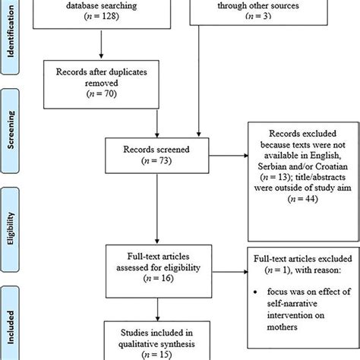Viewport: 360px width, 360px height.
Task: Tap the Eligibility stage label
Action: [12, 228]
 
